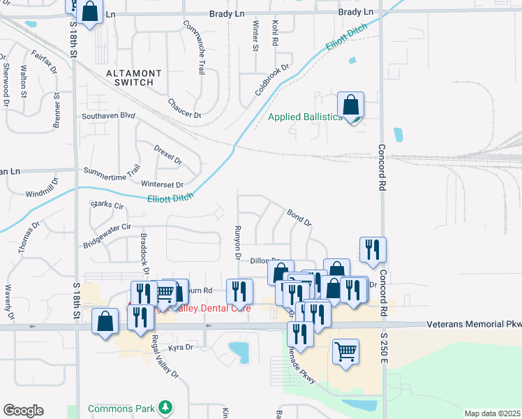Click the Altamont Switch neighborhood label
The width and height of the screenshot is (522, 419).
(x=134, y=78)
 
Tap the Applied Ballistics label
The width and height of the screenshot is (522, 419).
(x=306, y=117)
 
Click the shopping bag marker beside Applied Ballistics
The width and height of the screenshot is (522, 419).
(x=350, y=106)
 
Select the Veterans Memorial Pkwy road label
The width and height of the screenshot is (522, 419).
(x=473, y=324)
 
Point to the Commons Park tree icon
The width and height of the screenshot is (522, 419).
(x=165, y=406)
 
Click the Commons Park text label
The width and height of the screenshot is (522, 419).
(x=122, y=408)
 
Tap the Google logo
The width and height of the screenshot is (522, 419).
(x=23, y=411)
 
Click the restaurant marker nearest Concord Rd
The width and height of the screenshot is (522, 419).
(x=373, y=249)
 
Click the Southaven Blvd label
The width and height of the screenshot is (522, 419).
(x=107, y=116)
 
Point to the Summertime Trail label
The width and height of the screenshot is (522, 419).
(x=112, y=170)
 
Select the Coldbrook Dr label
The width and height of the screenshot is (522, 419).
(x=271, y=80)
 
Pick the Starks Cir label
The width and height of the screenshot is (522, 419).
(x=107, y=205)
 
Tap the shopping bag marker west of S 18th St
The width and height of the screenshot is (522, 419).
(x=105, y=322)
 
